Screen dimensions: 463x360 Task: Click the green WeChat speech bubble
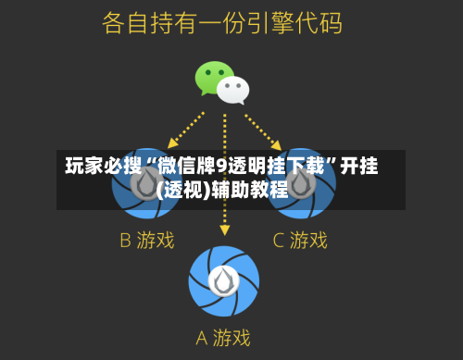212,77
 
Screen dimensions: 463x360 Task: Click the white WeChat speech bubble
233,89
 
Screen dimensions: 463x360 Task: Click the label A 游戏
224,338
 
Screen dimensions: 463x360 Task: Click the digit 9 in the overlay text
220,168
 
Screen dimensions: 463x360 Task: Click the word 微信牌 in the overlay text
185,168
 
